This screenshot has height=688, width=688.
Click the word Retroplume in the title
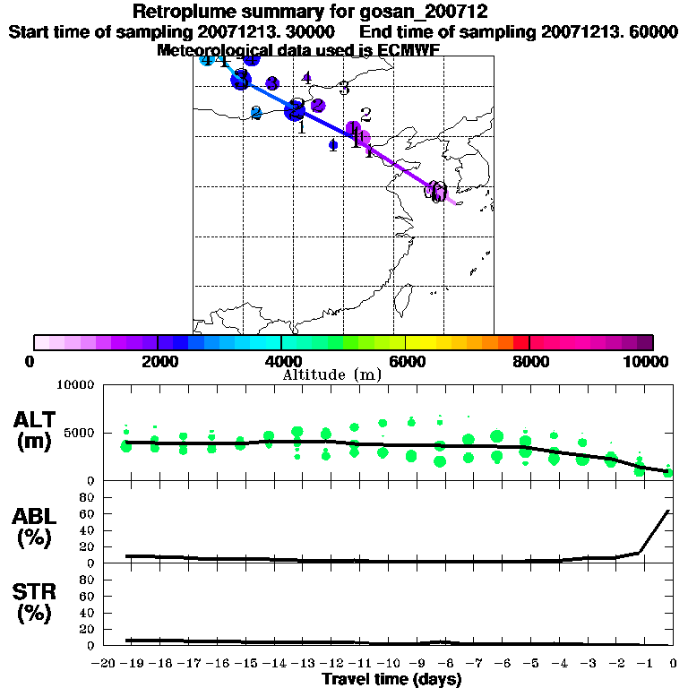pyautogui.click(x=176, y=12)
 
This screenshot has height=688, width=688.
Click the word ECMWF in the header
pyautogui.click(x=409, y=50)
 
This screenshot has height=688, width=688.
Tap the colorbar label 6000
pyautogui.click(x=406, y=361)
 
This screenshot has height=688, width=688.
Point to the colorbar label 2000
pyautogui.click(x=158, y=361)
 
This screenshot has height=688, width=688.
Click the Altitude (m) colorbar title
pyautogui.click(x=331, y=374)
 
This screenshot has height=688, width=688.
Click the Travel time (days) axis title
pyautogui.click(x=391, y=680)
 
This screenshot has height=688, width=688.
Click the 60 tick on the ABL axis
pyautogui.click(x=89, y=513)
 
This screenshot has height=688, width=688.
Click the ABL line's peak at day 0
pyautogui.click(x=668, y=511)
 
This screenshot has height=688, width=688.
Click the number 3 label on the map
pyautogui.click(x=344, y=90)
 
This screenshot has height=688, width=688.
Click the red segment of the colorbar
pyautogui.click(x=520, y=342)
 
